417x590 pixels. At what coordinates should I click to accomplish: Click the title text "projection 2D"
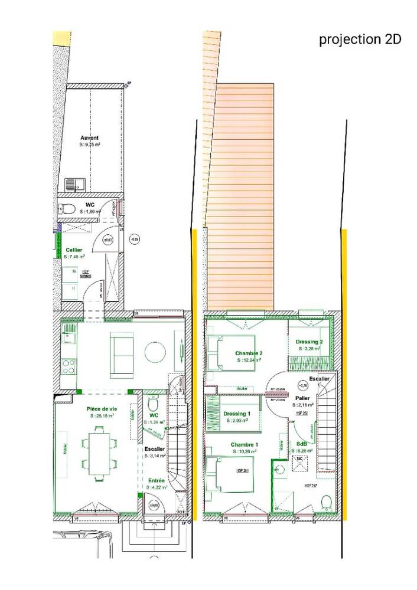(360, 40)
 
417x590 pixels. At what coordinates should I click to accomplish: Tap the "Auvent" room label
(90, 137)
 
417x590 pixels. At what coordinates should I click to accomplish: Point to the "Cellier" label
(74, 250)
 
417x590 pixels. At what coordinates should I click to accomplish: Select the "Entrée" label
(157, 480)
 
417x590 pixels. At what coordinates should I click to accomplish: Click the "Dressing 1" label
(237, 414)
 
